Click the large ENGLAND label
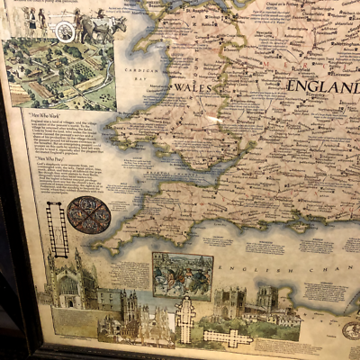click(322, 86)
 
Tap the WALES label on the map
click(192, 88)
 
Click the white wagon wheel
click(65, 31)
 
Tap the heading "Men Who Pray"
click(45, 158)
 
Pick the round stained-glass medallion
click(88, 215)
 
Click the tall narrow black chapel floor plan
click(58, 229)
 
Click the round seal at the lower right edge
click(352, 330)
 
